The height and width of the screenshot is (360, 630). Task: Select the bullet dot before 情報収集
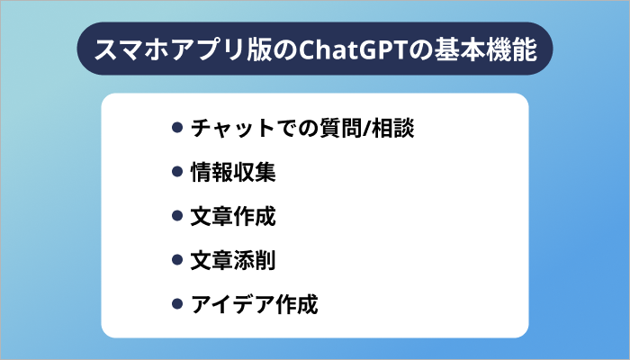pos(177,173)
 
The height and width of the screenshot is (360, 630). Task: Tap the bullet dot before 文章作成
pos(177,217)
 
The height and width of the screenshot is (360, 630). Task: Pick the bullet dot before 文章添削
pos(177,261)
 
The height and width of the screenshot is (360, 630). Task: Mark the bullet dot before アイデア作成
pos(177,305)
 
